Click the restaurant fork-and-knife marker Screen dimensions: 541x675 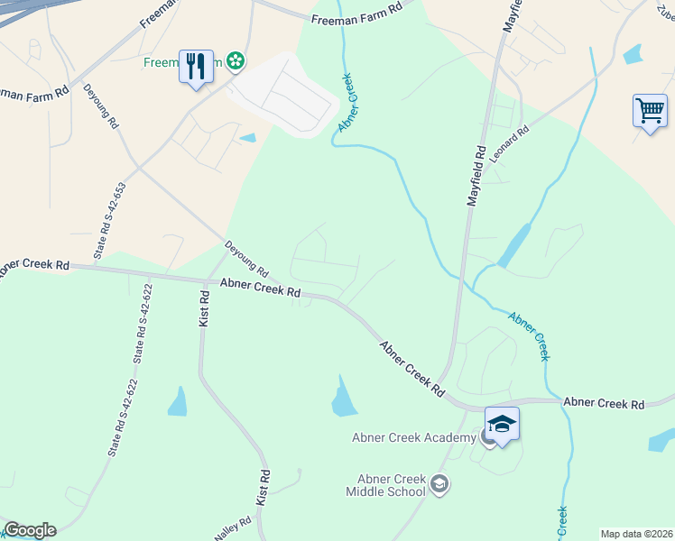(196, 66)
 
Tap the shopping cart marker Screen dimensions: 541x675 (650, 111)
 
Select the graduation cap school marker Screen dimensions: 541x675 (502, 423)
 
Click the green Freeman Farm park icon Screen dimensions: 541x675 (236, 61)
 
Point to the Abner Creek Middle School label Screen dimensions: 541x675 (385, 486)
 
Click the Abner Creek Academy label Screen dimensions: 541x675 (413, 438)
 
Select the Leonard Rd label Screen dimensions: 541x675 (510, 141)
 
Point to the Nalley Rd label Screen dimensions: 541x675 (229, 527)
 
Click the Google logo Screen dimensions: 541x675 (30, 530)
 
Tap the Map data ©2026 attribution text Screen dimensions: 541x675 (636, 534)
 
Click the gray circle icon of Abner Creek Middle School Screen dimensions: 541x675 (440, 484)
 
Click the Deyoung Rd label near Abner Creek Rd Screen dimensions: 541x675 (246, 258)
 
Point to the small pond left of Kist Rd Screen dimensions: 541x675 (177, 402)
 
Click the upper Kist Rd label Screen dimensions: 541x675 (204, 307)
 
